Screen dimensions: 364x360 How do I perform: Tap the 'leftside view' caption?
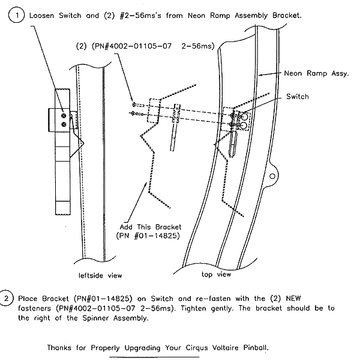pyautogui.click(x=100, y=276)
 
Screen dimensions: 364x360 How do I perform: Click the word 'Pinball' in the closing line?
pyautogui.click(x=253, y=348)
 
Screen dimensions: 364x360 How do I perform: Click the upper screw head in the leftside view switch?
pyautogui.click(x=63, y=112)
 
